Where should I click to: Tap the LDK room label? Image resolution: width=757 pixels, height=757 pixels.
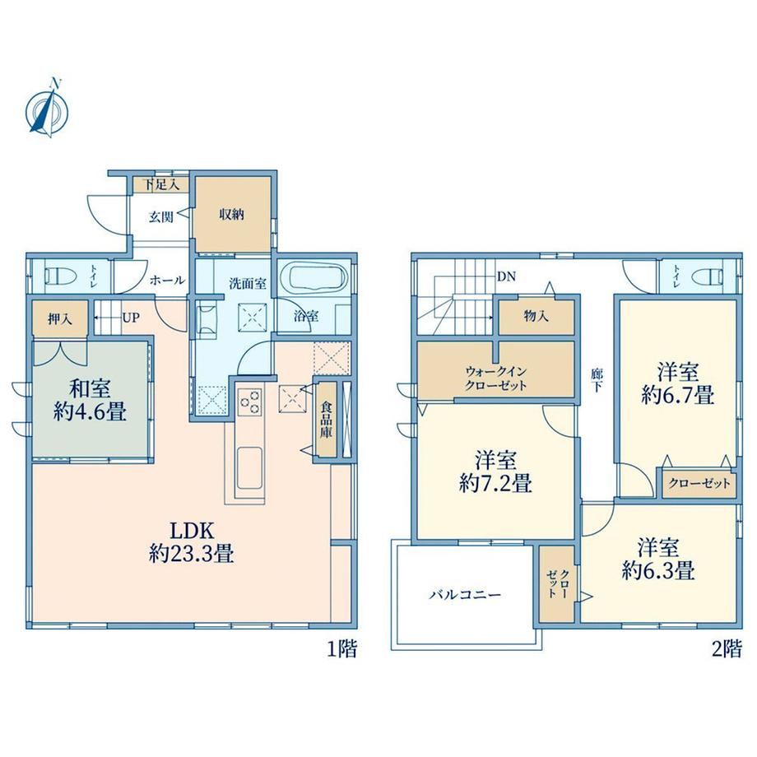pyautogui.click(x=191, y=542)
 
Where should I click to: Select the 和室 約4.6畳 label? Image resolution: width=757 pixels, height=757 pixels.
pyautogui.click(x=90, y=400)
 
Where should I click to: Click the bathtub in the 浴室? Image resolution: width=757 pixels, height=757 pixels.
pyautogui.click(x=318, y=279)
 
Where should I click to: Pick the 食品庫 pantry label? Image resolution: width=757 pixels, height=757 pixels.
pyautogui.click(x=327, y=419)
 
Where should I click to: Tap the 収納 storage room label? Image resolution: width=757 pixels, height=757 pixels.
pyautogui.click(x=232, y=215)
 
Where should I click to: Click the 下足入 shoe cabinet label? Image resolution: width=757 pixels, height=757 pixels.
pyautogui.click(x=162, y=184)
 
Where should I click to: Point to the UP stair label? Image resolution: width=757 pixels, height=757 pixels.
pyautogui.click(x=131, y=318)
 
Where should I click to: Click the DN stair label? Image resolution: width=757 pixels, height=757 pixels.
pyautogui.click(x=506, y=276)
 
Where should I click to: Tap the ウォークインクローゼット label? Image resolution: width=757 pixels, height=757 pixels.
pyautogui.click(x=495, y=379)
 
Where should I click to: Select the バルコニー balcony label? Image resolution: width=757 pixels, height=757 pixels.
pyautogui.click(x=466, y=594)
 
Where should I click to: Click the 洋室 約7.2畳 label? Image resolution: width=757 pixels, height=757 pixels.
pyautogui.click(x=495, y=471)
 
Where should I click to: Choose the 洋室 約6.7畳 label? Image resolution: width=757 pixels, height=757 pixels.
pyautogui.click(x=678, y=383)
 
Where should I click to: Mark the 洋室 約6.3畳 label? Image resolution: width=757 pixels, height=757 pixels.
pyautogui.click(x=658, y=559)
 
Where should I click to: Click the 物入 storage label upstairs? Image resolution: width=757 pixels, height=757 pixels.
pyautogui.click(x=536, y=316)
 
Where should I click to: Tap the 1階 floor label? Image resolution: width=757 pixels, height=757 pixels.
pyautogui.click(x=341, y=648)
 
